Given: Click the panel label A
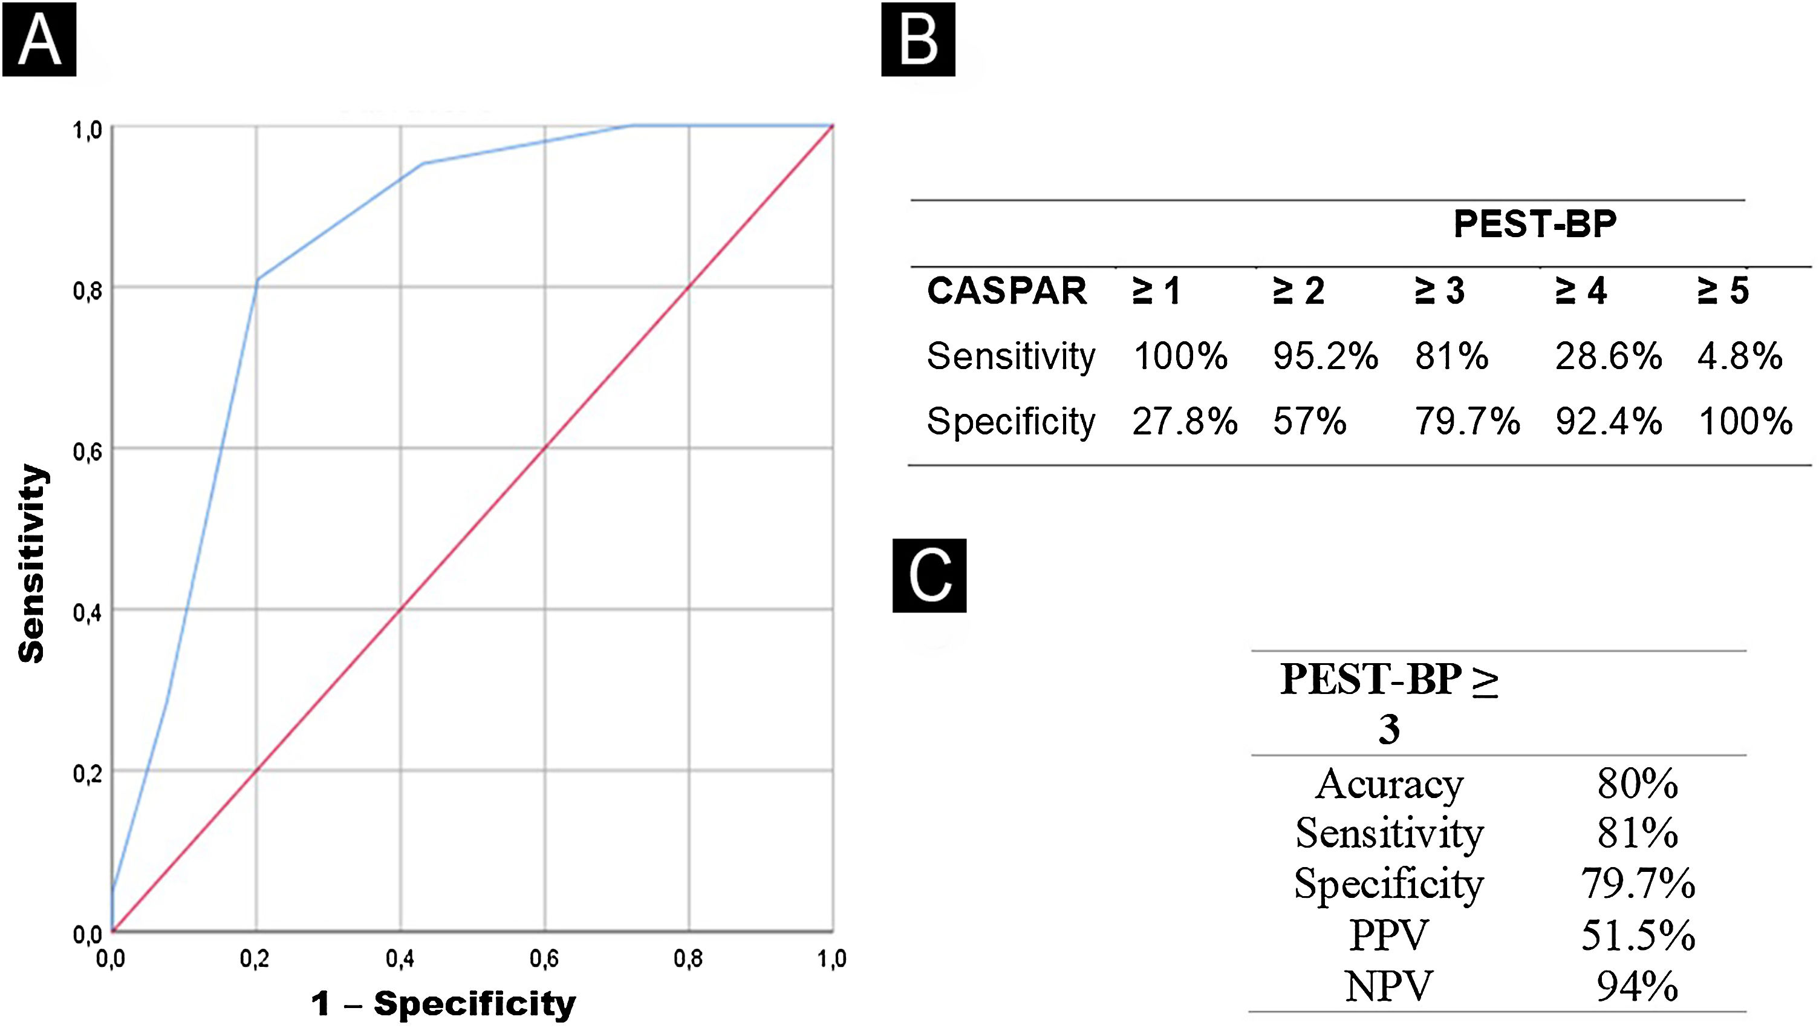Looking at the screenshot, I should click(39, 39).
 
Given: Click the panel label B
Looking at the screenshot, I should click(918, 39).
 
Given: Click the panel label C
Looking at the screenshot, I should click(929, 576).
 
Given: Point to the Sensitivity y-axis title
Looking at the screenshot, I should click(32, 563).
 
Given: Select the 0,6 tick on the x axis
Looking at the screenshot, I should click(544, 959).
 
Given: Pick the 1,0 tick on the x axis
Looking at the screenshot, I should click(832, 959).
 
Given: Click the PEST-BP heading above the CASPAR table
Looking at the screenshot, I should click(1534, 224).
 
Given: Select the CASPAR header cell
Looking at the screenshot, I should click(1007, 290).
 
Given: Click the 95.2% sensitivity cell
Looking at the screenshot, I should click(1326, 355).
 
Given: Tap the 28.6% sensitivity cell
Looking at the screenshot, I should click(1609, 355).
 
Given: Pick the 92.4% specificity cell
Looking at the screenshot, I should click(1609, 422).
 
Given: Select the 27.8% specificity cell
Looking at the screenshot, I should click(1185, 422).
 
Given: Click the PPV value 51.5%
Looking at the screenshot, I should click(1638, 935).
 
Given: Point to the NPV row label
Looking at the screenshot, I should click(1388, 986).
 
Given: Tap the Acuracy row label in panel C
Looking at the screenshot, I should click(1388, 784).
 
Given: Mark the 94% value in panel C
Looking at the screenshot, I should click(1638, 986).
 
